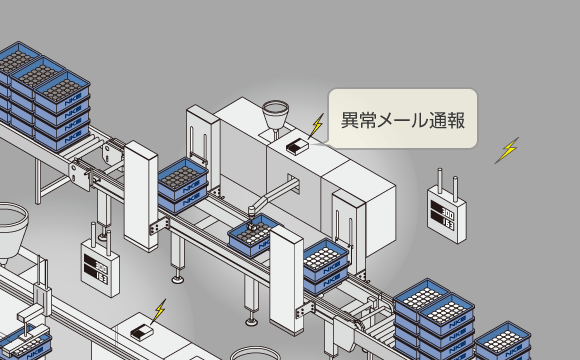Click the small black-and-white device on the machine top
pyautogui.click(x=298, y=145)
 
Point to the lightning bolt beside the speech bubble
pyautogui.click(x=317, y=127)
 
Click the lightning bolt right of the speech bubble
pyautogui.click(x=508, y=150)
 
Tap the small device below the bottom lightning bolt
pyautogui.click(x=142, y=331)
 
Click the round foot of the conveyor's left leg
pyautogui.click(x=178, y=277)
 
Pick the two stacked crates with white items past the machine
pyautogui.click(x=324, y=264)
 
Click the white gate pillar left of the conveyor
pyautogui.click(x=141, y=195)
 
